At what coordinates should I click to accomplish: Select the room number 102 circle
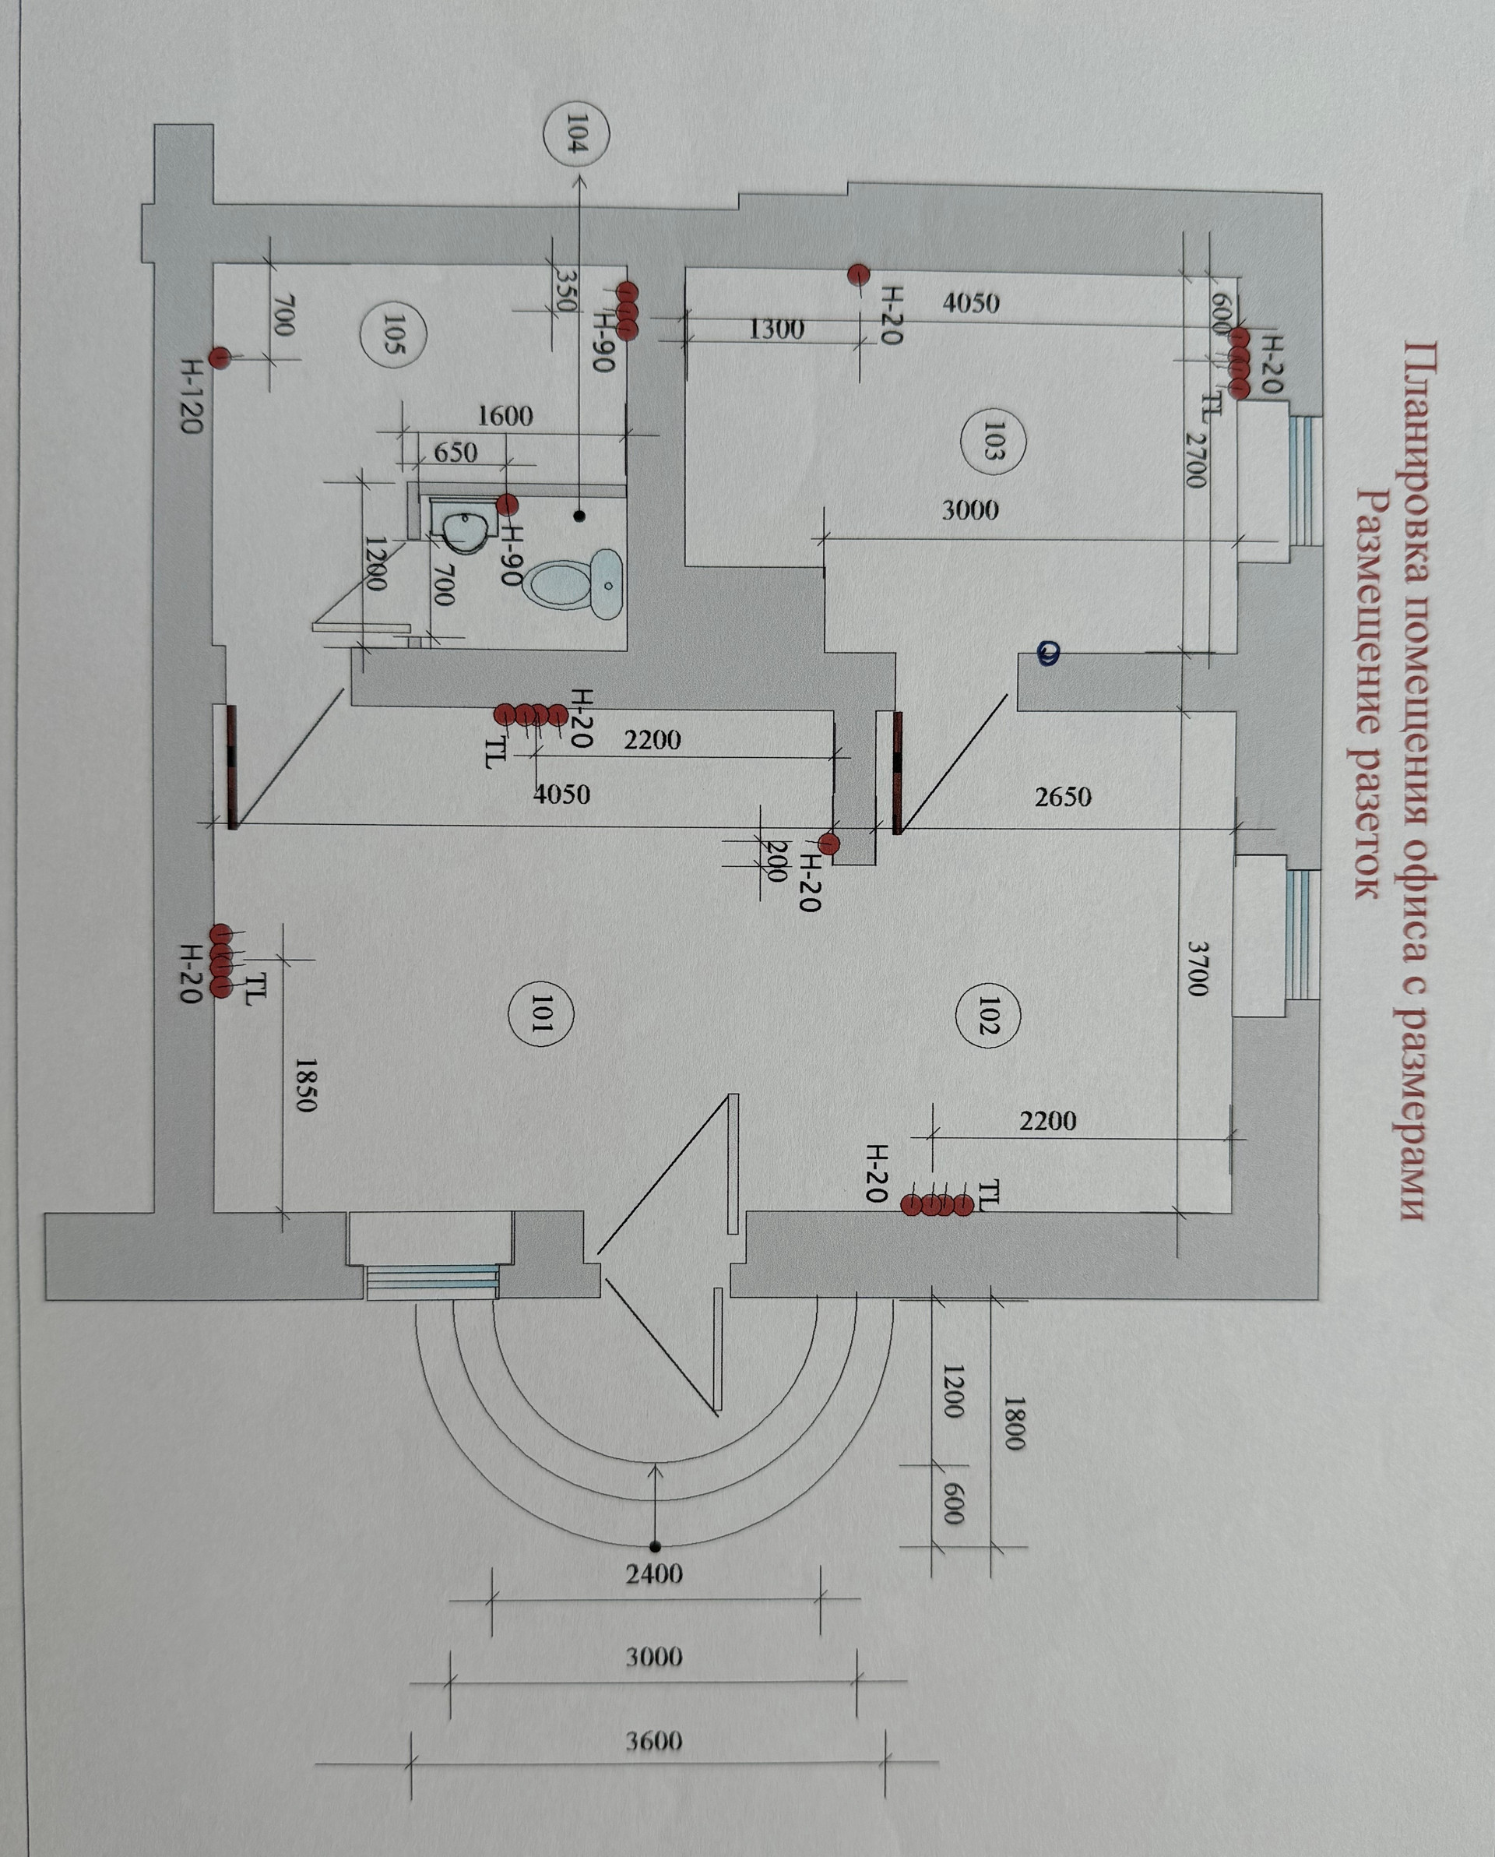(988, 1015)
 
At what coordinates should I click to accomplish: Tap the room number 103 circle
(992, 440)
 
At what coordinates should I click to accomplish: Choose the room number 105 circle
(392, 334)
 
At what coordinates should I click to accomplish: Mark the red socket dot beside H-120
(220, 358)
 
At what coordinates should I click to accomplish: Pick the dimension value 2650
(1064, 797)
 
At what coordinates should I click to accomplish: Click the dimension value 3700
(1198, 968)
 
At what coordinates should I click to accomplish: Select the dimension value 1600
(505, 416)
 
